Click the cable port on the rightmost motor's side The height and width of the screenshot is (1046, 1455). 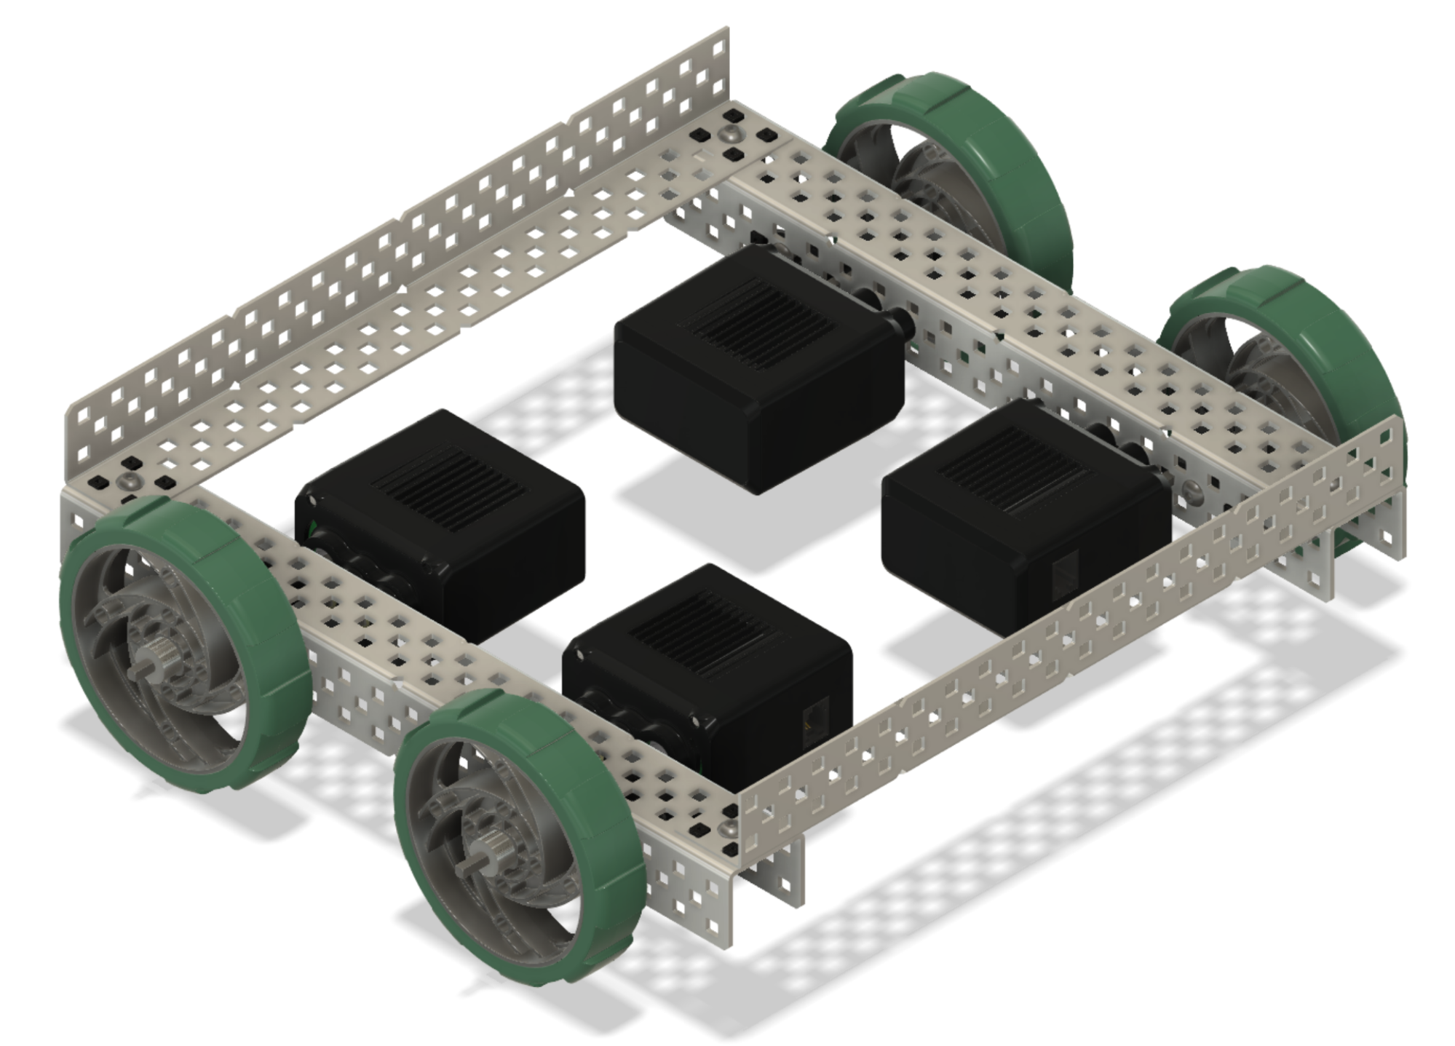(1065, 574)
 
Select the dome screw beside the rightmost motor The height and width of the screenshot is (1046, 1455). (1191, 488)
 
